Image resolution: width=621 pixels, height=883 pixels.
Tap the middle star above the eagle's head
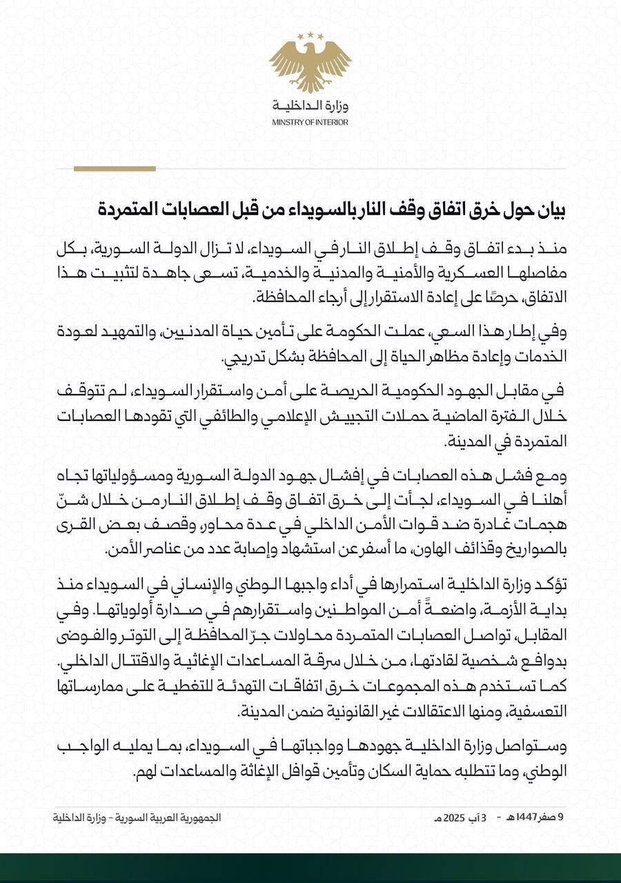pos(310,34)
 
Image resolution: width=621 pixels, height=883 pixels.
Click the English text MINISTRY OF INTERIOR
pos(310,122)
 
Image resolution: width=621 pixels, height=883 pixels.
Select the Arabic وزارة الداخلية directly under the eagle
pos(310,106)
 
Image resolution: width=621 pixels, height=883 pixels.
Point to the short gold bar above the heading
pos(115,168)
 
